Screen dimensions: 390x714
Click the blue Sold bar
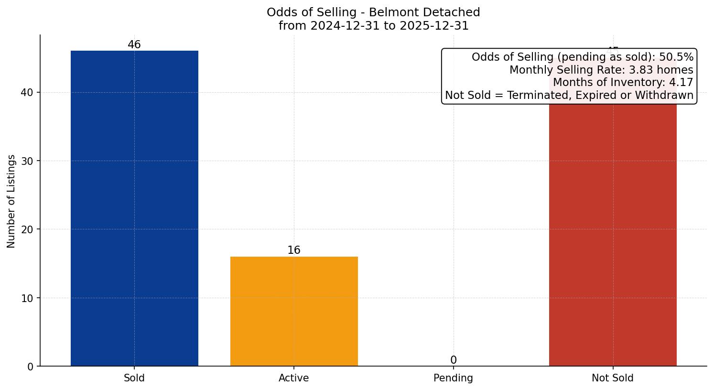(x=134, y=208)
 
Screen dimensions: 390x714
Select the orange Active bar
(x=294, y=311)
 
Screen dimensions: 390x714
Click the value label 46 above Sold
(x=134, y=45)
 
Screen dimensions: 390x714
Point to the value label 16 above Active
(x=294, y=250)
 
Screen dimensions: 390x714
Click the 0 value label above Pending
(x=453, y=360)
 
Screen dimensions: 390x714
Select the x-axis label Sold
(x=134, y=378)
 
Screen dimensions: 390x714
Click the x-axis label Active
(x=294, y=378)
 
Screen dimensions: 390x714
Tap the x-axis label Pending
(x=453, y=378)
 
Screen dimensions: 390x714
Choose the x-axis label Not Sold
(x=613, y=378)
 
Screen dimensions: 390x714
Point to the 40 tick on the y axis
(x=27, y=93)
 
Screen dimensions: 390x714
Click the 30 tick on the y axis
(x=27, y=161)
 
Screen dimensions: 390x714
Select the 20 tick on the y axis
(x=27, y=229)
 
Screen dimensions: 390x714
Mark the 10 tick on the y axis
(x=27, y=298)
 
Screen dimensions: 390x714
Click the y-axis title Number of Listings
(x=11, y=201)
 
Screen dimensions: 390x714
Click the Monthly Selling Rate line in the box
(x=601, y=70)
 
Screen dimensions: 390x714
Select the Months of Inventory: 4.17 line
(x=622, y=82)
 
